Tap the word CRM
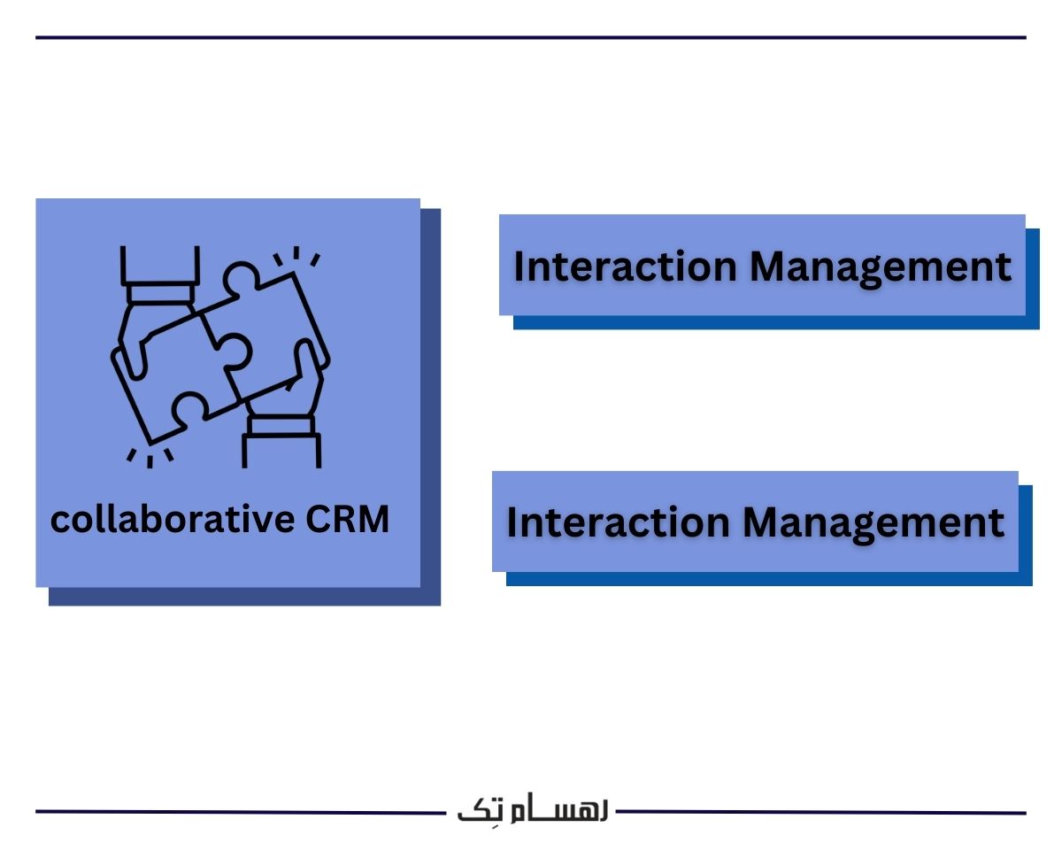(348, 520)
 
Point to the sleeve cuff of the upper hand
(158, 292)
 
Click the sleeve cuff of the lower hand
(281, 425)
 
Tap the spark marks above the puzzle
(296, 258)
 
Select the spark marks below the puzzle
(149, 457)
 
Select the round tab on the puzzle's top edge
(241, 275)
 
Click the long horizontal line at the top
(531, 38)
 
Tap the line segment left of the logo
(239, 811)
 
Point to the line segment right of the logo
(823, 811)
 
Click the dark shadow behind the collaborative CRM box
(431, 407)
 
